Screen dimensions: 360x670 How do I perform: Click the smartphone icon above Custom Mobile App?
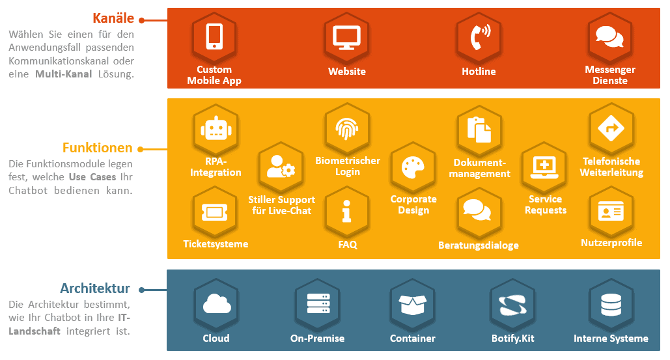[x=214, y=36]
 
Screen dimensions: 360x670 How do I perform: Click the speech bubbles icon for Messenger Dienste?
[x=610, y=36]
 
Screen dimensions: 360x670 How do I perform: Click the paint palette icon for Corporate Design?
[x=413, y=167]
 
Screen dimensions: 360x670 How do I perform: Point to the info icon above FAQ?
[x=347, y=212]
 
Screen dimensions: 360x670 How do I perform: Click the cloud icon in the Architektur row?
[x=216, y=305]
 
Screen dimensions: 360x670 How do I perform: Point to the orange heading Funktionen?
[x=97, y=148]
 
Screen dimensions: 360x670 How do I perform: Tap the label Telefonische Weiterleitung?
[x=611, y=167]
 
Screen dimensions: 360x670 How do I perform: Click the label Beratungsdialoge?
[x=479, y=245]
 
